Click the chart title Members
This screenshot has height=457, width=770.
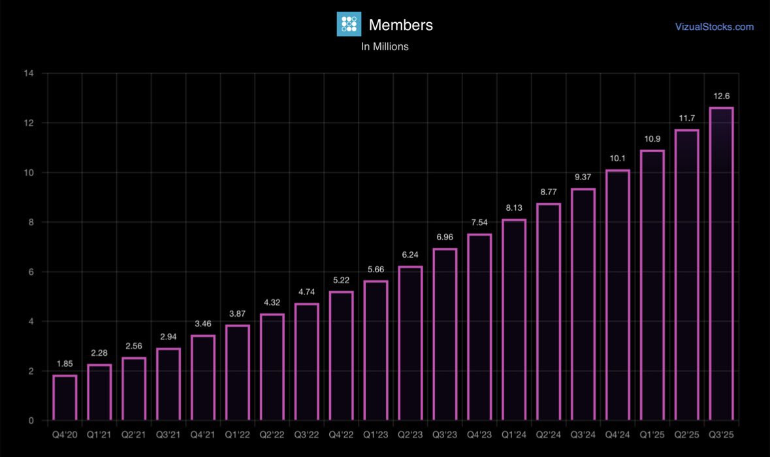pyautogui.click(x=400, y=25)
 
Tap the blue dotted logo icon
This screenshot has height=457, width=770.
pyautogui.click(x=349, y=24)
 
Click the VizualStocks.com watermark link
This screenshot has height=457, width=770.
pyautogui.click(x=714, y=27)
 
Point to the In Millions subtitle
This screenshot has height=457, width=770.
pyautogui.click(x=385, y=47)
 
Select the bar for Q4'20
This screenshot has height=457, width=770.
pyautogui.click(x=65, y=398)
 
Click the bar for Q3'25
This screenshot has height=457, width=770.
pyautogui.click(x=721, y=264)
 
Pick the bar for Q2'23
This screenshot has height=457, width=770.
pyautogui.click(x=410, y=343)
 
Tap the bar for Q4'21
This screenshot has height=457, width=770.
pyautogui.click(x=203, y=378)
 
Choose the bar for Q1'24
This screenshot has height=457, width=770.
pyautogui.click(x=514, y=320)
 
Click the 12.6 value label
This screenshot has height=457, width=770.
pyautogui.click(x=721, y=97)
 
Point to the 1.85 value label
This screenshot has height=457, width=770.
pyautogui.click(x=65, y=364)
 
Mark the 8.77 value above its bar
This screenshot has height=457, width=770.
pyautogui.click(x=549, y=192)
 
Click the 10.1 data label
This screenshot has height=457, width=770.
pyautogui.click(x=618, y=159)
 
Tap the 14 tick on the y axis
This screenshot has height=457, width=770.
pyautogui.click(x=29, y=73)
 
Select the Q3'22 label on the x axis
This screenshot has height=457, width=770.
pyautogui.click(x=306, y=433)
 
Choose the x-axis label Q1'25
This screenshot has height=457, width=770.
pyautogui.click(x=652, y=433)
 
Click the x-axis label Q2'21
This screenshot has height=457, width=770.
pyautogui.click(x=134, y=433)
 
